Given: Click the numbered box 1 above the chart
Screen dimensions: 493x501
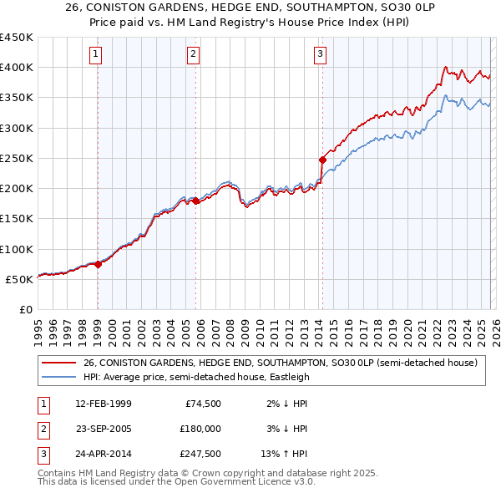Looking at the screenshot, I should tap(97, 55).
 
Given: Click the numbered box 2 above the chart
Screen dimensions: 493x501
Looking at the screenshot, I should tap(194, 55).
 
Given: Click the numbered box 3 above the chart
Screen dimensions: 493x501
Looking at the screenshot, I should tap(321, 55).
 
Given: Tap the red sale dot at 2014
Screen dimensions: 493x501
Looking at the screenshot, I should tap(321, 159).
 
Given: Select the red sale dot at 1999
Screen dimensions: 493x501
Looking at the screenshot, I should tap(98, 264).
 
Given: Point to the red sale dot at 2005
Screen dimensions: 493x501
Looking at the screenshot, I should tap(195, 201).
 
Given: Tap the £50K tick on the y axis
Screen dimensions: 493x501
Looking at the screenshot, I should tap(19, 279).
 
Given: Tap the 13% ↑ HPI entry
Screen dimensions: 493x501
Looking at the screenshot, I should tap(285, 454).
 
